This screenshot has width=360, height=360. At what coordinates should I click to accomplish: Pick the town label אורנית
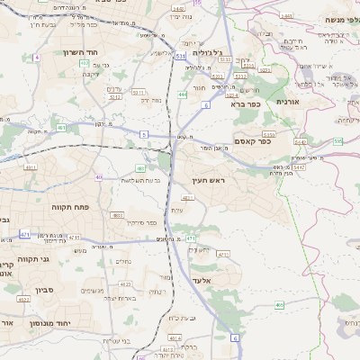tap(287, 103)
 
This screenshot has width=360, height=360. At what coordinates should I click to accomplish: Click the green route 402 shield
tap(84, 64)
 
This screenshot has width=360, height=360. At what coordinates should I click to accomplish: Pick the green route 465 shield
tap(279, 306)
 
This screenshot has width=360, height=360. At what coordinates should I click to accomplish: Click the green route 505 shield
tap(337, 141)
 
